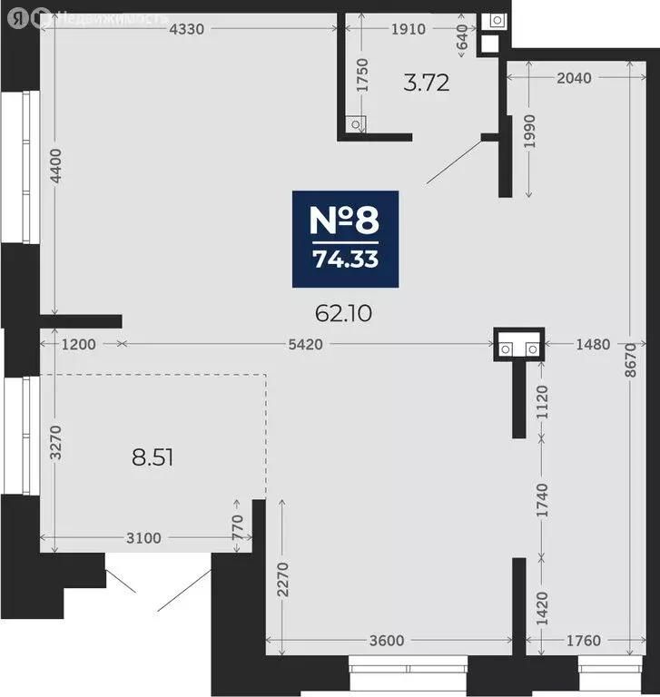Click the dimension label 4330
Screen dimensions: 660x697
[x=187, y=29]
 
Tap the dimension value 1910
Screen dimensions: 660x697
[x=409, y=29]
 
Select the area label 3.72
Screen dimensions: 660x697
[x=427, y=83]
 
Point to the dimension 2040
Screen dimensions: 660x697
[x=574, y=78]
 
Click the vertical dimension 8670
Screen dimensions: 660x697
[x=631, y=360]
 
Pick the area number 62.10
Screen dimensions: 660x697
[x=343, y=313]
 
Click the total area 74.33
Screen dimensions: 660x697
[x=346, y=260]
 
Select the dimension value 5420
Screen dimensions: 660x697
[x=306, y=345]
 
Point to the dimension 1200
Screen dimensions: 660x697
[x=79, y=345]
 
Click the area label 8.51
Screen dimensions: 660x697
[x=153, y=457]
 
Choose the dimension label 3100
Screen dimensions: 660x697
[x=143, y=538]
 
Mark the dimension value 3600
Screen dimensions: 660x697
[x=387, y=641]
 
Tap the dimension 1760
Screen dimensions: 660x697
[x=584, y=641]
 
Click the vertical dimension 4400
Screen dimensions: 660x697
[x=56, y=166]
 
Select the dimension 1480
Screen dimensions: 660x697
[x=593, y=345]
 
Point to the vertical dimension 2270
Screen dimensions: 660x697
[x=283, y=579]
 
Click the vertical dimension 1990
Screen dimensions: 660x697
[x=529, y=131]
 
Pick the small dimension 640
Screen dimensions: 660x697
[x=462, y=37]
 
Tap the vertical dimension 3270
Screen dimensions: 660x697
[x=56, y=442]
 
